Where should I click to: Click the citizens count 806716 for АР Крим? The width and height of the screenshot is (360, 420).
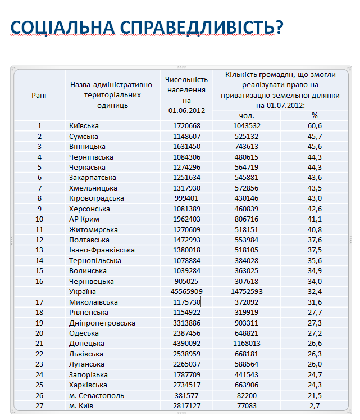pos(247,219)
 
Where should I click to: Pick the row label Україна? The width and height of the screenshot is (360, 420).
pos(83,292)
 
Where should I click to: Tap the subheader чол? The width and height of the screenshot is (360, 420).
pos(247,115)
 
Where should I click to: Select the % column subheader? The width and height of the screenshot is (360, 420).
pos(314,115)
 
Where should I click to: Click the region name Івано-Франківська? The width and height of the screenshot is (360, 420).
pos(102,250)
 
